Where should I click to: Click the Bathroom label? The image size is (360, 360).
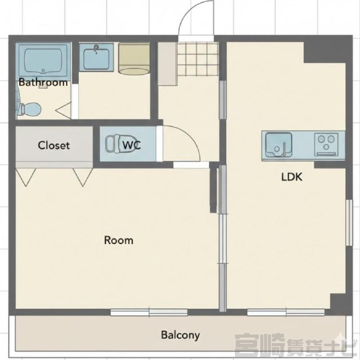[43, 82]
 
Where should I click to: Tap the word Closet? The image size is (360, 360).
[54, 145]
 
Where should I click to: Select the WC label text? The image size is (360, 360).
[131, 145]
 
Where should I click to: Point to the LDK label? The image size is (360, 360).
[292, 177]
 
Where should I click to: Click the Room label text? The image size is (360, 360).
[118, 240]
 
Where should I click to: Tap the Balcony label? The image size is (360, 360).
[180, 335]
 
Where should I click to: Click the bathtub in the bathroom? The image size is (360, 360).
[43, 60]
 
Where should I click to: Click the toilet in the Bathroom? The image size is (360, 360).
[29, 109]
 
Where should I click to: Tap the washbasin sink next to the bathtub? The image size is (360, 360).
[96, 58]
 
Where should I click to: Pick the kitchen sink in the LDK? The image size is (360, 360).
[279, 145]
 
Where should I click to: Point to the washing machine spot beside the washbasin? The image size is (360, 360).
[134, 59]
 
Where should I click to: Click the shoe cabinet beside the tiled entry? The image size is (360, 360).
[167, 64]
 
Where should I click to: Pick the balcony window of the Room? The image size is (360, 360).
[149, 312]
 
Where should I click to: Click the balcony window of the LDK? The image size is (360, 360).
[286, 312]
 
